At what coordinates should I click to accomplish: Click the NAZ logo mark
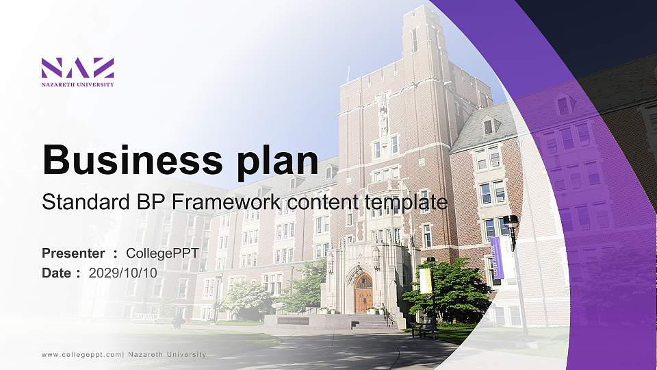pyautogui.click(x=77, y=68)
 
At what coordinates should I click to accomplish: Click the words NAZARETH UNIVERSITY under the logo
pyautogui.click(x=77, y=84)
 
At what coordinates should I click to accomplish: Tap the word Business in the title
pyautogui.click(x=126, y=160)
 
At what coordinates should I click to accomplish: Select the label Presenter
pyautogui.click(x=73, y=254)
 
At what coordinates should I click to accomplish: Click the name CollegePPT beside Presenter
pyautogui.click(x=162, y=254)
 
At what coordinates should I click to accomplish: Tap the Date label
pyautogui.click(x=57, y=273)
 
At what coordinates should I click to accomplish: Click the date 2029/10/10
pyautogui.click(x=123, y=273)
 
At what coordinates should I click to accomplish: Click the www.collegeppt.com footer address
pyautogui.click(x=81, y=354)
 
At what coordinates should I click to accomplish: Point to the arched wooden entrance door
pyautogui.click(x=363, y=293)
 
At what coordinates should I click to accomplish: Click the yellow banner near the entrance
pyautogui.click(x=425, y=281)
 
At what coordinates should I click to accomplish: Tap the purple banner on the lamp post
pyautogui.click(x=497, y=257)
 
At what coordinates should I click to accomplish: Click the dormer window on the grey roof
pyautogui.click(x=489, y=126)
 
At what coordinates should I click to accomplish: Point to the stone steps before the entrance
pyautogui.click(x=373, y=321)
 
